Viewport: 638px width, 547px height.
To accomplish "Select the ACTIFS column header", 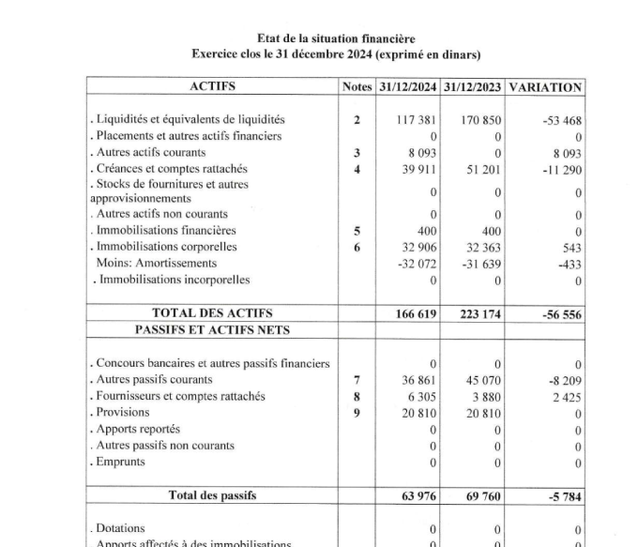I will point(212,86).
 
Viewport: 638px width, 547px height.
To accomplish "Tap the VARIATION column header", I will point(544,86).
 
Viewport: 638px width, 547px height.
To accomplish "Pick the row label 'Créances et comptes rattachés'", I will point(168,168).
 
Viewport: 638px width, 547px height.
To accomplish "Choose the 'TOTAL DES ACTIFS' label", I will point(212,313).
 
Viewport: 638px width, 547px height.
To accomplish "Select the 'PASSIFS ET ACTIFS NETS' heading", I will point(212,329).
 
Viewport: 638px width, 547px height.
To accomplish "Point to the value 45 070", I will point(481,380).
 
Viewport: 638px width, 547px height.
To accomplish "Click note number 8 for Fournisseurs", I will point(357,396).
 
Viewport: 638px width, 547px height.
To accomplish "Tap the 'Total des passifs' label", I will point(212,494).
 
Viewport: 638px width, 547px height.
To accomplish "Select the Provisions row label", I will point(117,412).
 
